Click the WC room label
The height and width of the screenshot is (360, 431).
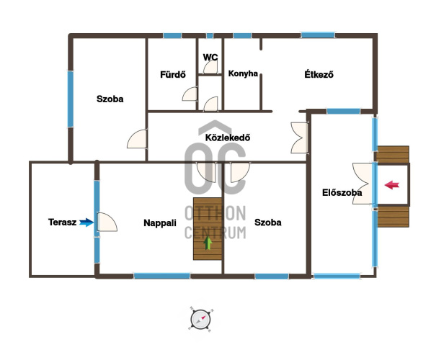tap(210, 57)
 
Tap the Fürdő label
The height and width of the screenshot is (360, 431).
tap(173, 74)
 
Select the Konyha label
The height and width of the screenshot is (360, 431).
tap(243, 73)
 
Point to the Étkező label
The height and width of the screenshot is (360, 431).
tap(319, 74)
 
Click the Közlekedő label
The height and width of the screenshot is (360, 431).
tap(228, 138)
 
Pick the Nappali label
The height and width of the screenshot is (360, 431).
tap(160, 222)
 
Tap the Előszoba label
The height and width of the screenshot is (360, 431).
tap(342, 192)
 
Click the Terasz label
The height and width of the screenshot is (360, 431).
tap(63, 222)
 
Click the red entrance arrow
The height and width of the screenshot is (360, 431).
tap(391, 185)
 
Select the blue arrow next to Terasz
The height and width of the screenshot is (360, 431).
tap(86, 222)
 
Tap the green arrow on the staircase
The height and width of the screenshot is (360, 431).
tap(208, 243)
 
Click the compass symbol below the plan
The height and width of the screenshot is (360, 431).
tap(201, 320)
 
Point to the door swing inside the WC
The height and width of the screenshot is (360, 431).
tap(210, 67)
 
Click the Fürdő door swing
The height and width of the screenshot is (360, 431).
tap(190, 94)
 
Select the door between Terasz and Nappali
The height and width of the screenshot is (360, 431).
tap(107, 222)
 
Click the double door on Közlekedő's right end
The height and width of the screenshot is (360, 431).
tap(299, 138)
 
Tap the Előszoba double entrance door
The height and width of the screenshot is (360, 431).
tap(363, 184)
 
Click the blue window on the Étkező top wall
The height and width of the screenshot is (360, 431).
tap(318, 35)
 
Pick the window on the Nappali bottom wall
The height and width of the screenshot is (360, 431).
tap(162, 276)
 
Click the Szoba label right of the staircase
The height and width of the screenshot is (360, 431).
tap(268, 222)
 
